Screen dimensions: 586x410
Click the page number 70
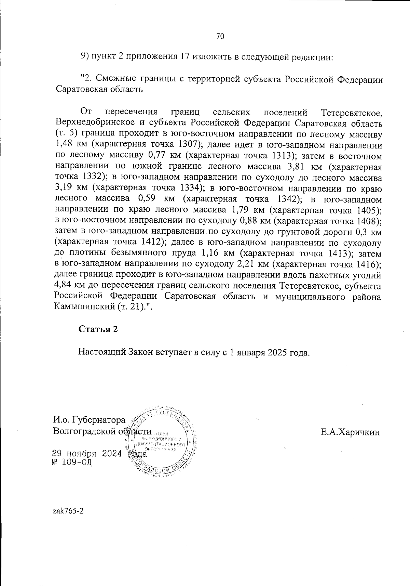220,36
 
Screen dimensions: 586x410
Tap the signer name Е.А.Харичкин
350,432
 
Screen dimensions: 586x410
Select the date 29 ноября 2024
87,454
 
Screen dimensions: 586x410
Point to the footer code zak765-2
68,511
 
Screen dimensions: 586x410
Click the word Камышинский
84,307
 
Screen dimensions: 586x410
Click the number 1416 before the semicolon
367,264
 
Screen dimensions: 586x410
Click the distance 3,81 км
296,167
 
